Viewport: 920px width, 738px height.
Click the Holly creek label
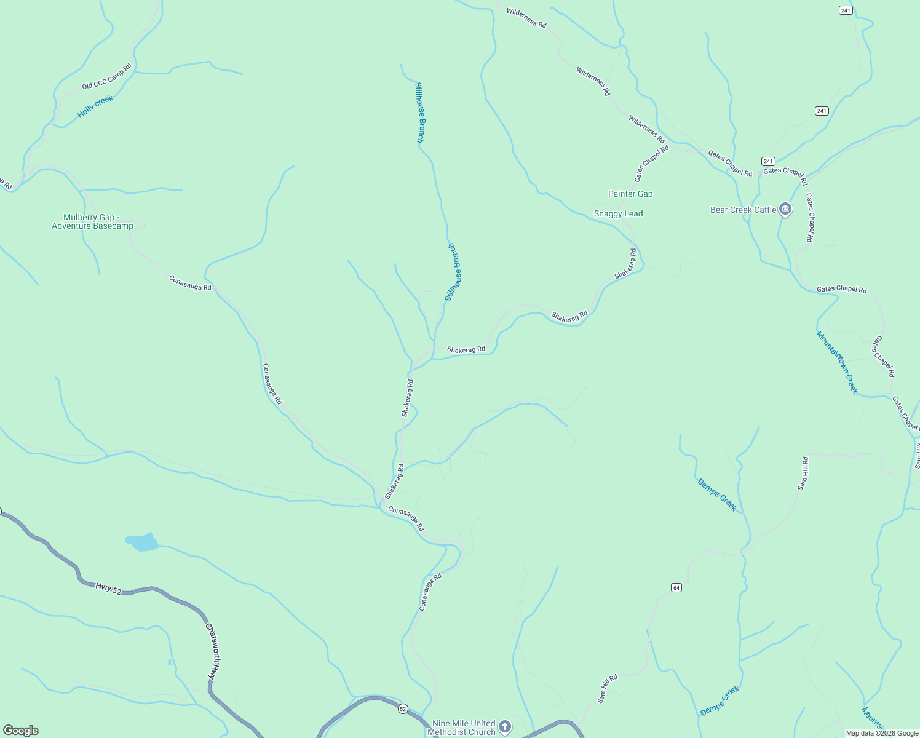point(95,106)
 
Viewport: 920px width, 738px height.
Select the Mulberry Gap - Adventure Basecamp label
point(92,221)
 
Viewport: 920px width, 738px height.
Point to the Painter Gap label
point(630,194)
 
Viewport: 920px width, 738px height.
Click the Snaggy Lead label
point(618,213)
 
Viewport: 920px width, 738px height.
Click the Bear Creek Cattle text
point(743,210)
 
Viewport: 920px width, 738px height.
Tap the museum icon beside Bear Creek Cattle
point(785,209)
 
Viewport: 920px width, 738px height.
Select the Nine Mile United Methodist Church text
point(464,728)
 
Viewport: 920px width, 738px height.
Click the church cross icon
point(505,727)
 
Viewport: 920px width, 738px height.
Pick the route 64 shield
point(676,588)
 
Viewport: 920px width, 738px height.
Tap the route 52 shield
point(403,708)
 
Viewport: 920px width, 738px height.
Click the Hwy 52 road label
point(108,589)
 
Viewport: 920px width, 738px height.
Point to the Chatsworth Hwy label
point(213,651)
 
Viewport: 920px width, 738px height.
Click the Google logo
point(21,731)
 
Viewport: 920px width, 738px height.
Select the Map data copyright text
point(881,733)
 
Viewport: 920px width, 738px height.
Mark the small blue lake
point(142,542)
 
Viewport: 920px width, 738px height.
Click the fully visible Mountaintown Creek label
point(837,362)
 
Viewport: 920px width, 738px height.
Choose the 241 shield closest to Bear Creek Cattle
point(768,161)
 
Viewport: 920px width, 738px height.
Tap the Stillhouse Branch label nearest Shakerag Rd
point(453,272)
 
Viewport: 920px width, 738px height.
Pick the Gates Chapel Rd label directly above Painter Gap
point(651,164)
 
